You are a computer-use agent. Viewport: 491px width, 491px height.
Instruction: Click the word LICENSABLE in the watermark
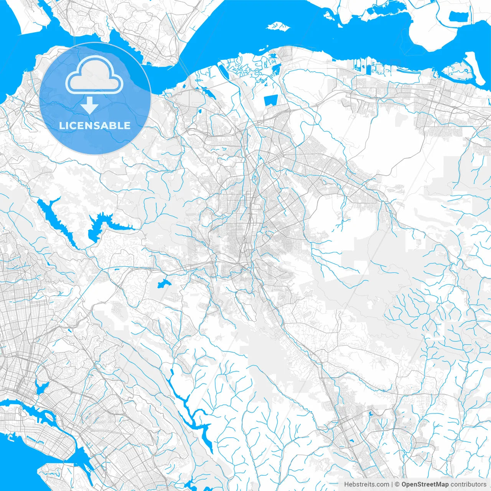click(95, 126)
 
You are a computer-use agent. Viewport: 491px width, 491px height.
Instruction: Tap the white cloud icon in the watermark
click(94, 75)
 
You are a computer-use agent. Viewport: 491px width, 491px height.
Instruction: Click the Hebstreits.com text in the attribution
click(366, 484)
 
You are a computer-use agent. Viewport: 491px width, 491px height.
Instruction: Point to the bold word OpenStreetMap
click(425, 484)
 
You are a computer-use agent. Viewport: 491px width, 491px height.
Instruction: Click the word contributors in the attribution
click(468, 484)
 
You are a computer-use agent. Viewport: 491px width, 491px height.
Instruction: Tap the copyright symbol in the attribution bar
click(397, 484)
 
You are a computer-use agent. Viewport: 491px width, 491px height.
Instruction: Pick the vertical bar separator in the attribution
click(392, 484)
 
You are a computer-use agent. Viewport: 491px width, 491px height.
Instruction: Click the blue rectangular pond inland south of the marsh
click(270, 101)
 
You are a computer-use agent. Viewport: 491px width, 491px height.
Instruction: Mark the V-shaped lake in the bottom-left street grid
click(41, 387)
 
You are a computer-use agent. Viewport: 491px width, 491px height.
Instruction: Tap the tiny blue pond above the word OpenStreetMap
click(370, 414)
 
